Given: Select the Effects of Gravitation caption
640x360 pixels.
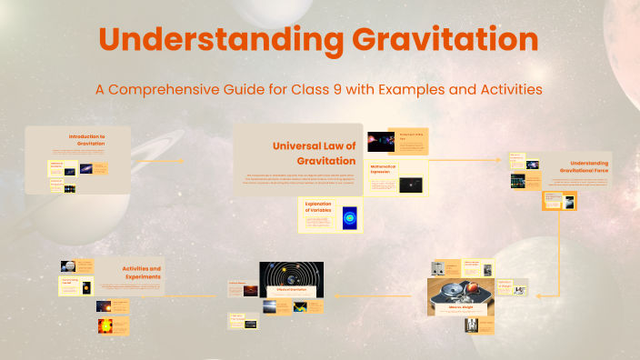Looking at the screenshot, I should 291,291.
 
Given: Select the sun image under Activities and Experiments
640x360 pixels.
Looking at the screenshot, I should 104,325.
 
